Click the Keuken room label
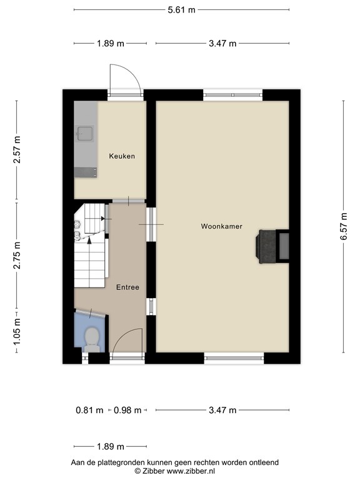pyautogui.click(x=122, y=156)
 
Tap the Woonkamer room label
pyautogui.click(x=222, y=226)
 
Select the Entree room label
pyautogui.click(x=127, y=287)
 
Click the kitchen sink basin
pyautogui.click(x=85, y=134)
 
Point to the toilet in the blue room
pyautogui.click(x=91, y=339)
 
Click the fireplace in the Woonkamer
pyautogui.click(x=273, y=246)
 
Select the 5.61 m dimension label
pyautogui.click(x=181, y=10)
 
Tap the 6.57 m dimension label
pyautogui.click(x=344, y=226)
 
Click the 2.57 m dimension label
pyautogui.click(x=17, y=149)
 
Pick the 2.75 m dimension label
pyautogui.click(x=17, y=255)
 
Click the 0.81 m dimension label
pyautogui.click(x=89, y=410)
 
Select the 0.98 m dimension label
pyautogui.click(x=127, y=410)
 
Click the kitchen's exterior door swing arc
pyautogui.click(x=135, y=74)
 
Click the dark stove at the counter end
pyautogui.click(x=86, y=172)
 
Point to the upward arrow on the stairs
pyautogui.click(x=89, y=241)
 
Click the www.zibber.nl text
pyautogui.click(x=191, y=471)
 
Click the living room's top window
pyautogui.click(x=233, y=95)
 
